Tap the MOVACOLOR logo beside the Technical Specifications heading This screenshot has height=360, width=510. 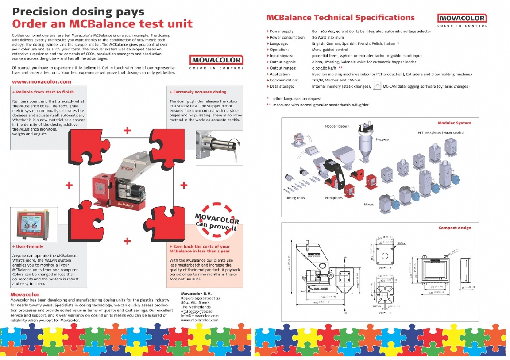[462, 19]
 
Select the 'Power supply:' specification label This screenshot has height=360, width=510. [282, 31]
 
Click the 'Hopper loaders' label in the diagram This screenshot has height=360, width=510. [337, 126]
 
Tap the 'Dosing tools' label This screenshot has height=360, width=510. [295, 198]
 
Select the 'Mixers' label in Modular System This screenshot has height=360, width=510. [369, 204]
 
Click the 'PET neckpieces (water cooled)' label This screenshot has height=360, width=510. [441, 133]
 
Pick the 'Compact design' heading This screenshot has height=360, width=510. [455, 228]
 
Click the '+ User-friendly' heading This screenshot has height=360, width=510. [27, 246]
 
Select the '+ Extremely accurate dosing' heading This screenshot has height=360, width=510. [198, 92]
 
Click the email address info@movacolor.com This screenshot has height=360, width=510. [200, 316]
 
